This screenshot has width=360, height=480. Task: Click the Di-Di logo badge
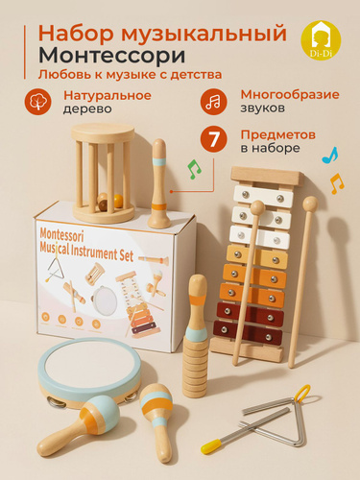pyautogui.click(x=321, y=39)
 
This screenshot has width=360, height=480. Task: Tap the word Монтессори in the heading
pyautogui.click(x=111, y=55)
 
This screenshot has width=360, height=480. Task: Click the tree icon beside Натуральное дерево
pyautogui.click(x=37, y=102)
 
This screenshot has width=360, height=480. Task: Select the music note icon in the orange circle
pyautogui.click(x=213, y=102)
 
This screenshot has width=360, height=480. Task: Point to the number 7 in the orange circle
pyautogui.click(x=214, y=139)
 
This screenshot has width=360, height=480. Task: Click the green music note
pyautogui.click(x=194, y=169)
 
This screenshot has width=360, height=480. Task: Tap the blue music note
pyautogui.click(x=330, y=156)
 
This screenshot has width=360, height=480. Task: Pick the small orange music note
pyautogui.click(x=337, y=183)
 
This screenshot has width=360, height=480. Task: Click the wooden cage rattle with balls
pyautogui.click(x=103, y=173)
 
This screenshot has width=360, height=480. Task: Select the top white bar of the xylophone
pyautogui.click(x=263, y=195)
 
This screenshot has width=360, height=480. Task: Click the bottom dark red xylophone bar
pyautogui.click(x=248, y=333)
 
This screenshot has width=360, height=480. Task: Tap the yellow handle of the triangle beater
pyautogui.click(x=211, y=445)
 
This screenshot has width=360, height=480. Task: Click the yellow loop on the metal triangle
pyautogui.click(x=302, y=394)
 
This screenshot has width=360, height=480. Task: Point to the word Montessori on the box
pyautogui.click(x=61, y=235)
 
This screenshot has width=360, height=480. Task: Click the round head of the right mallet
pyautogui.click(x=310, y=204)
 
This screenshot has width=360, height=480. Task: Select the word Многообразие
pyautogui.click(x=290, y=95)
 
